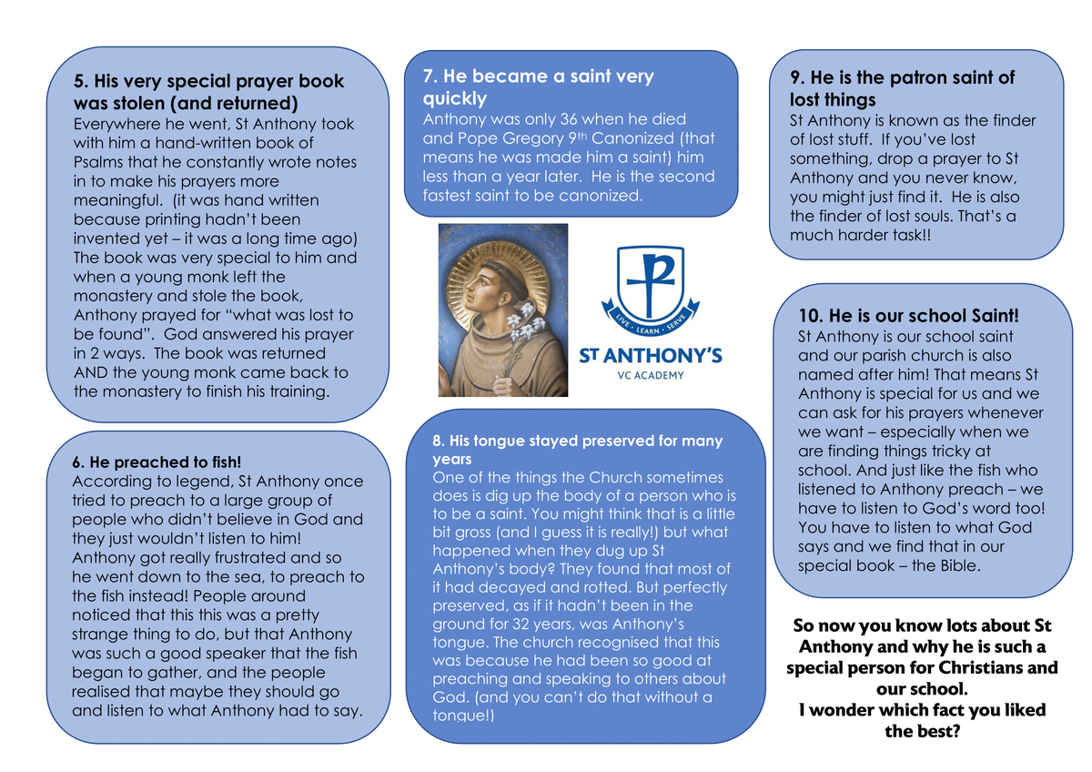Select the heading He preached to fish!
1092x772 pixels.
click(156, 462)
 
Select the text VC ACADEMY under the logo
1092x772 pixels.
click(651, 374)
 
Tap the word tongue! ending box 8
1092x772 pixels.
click(463, 716)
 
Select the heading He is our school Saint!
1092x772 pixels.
click(908, 316)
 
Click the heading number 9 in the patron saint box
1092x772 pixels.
click(796, 78)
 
